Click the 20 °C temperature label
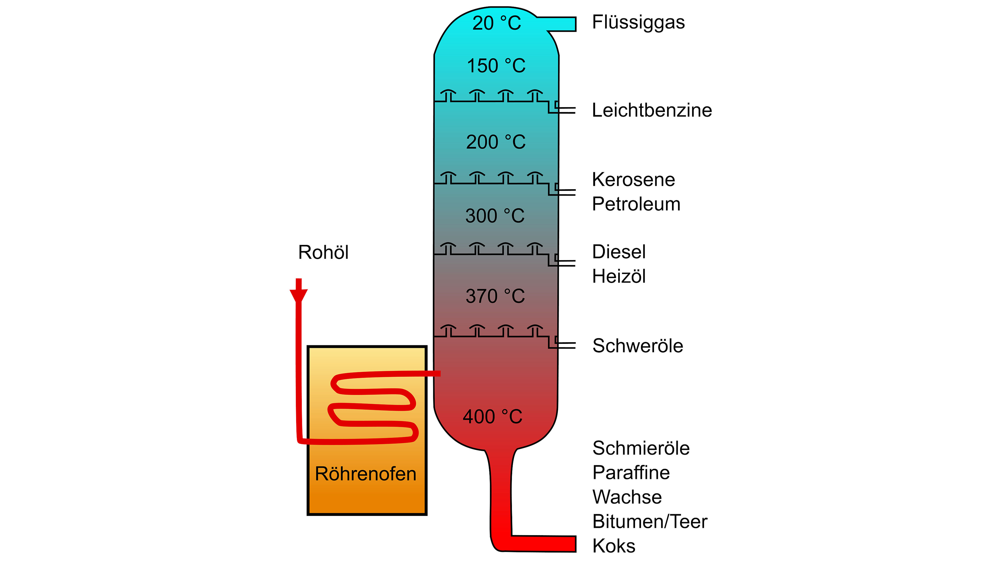(x=497, y=23)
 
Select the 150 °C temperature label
(x=496, y=66)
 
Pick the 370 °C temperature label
(x=496, y=296)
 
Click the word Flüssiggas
(x=638, y=22)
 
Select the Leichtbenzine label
(x=652, y=110)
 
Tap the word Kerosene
(x=634, y=180)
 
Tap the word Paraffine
(x=631, y=473)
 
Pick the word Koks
(x=614, y=546)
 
